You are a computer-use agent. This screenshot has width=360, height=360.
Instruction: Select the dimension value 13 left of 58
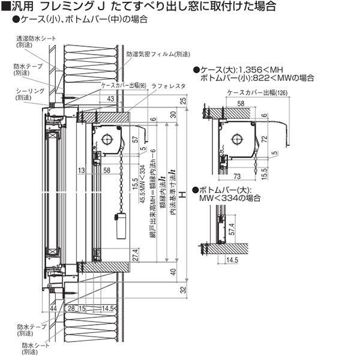80,171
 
